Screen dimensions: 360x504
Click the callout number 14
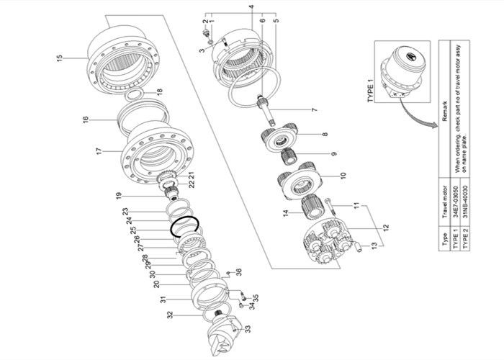[x=286, y=212]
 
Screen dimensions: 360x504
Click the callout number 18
[x=159, y=91]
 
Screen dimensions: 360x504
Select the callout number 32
[x=170, y=315]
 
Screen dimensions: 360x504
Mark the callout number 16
[x=84, y=119]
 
